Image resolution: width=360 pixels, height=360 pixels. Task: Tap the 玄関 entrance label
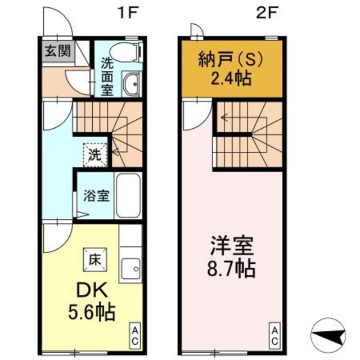(x=57, y=52)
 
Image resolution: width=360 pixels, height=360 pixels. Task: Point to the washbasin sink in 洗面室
(x=132, y=84)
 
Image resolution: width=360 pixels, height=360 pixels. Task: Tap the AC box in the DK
(x=135, y=335)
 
